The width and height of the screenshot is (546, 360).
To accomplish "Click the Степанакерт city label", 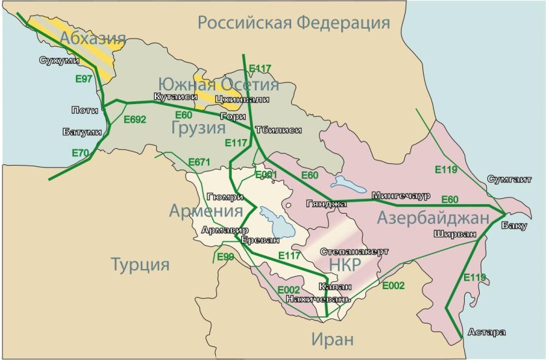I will tap(354, 251).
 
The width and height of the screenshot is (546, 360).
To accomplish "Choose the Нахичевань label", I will tap(318, 299).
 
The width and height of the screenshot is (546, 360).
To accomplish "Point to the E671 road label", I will tap(200, 161).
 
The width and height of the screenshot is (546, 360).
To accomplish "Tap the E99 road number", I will tap(225, 257).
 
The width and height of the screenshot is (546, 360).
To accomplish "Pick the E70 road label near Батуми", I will tap(81, 153).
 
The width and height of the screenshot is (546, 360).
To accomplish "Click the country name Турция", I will tap(140, 264).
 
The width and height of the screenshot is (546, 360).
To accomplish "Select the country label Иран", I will tap(332, 339).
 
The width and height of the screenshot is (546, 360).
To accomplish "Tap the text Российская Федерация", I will tap(294, 23).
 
